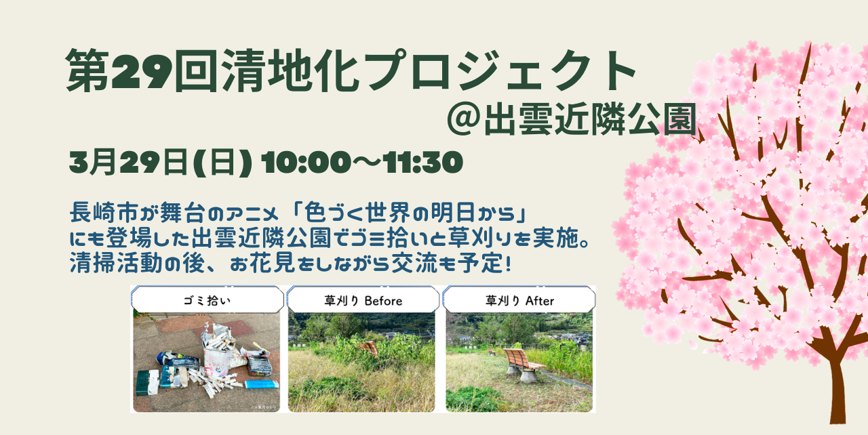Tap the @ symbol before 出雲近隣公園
tap(464, 119)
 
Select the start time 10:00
tap(306, 162)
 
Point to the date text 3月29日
tap(129, 162)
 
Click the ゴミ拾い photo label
tap(207, 301)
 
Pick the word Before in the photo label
tap(383, 301)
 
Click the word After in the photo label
tap(539, 301)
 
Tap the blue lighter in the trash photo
tap(262, 384)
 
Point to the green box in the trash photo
tap(147, 382)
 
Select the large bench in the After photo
tap(522, 364)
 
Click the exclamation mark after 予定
tap(509, 264)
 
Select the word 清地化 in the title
tap(292, 71)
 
